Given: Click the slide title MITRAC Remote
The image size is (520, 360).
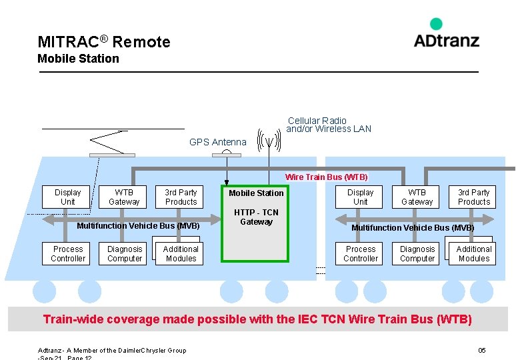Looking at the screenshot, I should tap(104, 42).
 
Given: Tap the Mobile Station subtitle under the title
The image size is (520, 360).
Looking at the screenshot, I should tap(78, 59).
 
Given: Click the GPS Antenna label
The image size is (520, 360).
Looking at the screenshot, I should tap(217, 142).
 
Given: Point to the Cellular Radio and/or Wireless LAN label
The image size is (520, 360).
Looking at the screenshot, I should tap(328, 125).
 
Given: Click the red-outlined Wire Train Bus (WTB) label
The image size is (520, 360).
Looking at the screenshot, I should tap(326, 177).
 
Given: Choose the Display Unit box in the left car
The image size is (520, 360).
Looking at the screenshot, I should tap(68, 197).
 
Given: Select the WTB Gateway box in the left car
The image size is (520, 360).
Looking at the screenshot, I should tap(125, 197).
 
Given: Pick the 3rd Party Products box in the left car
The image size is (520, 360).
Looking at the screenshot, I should tap(181, 197).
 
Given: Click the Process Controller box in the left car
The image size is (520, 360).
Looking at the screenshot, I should tap(68, 254).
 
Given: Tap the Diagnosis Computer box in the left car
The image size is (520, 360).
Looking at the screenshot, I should tap(125, 254).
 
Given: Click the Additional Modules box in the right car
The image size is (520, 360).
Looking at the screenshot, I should tap(474, 254).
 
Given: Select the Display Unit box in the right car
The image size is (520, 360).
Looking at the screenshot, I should tap(361, 197).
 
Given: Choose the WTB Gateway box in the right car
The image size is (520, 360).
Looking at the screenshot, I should tap(417, 197).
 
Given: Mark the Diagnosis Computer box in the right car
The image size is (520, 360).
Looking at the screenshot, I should tap(417, 254).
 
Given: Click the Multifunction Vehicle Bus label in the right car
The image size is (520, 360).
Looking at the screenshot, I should tap(413, 228).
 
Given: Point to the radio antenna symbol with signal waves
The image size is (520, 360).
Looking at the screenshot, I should tap(268, 140).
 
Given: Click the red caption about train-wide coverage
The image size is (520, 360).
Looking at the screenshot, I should tap(257, 319).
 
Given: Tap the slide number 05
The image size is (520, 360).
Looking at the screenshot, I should tap(482, 351).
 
